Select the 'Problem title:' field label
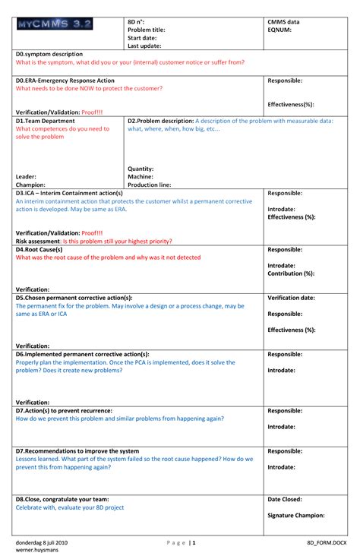147,30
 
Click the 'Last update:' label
144,46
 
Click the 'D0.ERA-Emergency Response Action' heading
65,80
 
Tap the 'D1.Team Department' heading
46,121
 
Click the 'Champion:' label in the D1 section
30,185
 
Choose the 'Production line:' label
150,185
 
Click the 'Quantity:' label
141,169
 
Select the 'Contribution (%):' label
291,273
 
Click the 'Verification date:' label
292,298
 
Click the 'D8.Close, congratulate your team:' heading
62,499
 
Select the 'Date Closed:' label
285,499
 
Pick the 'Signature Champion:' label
296,515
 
